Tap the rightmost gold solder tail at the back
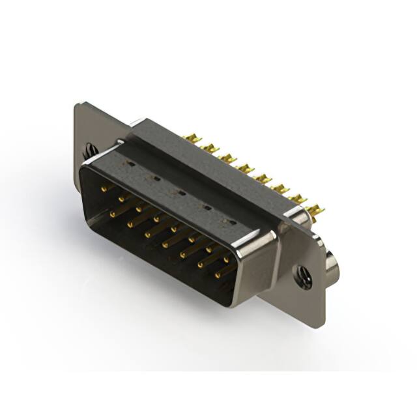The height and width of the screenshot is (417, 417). coord(314,210)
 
